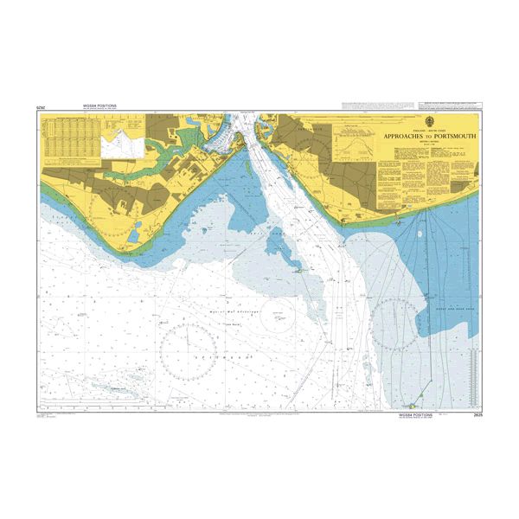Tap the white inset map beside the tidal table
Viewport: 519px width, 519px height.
pyautogui.click(x=120, y=144)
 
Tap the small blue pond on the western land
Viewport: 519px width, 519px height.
pyautogui.click(x=135, y=228)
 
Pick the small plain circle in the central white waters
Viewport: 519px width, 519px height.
pyautogui.click(x=281, y=321)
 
